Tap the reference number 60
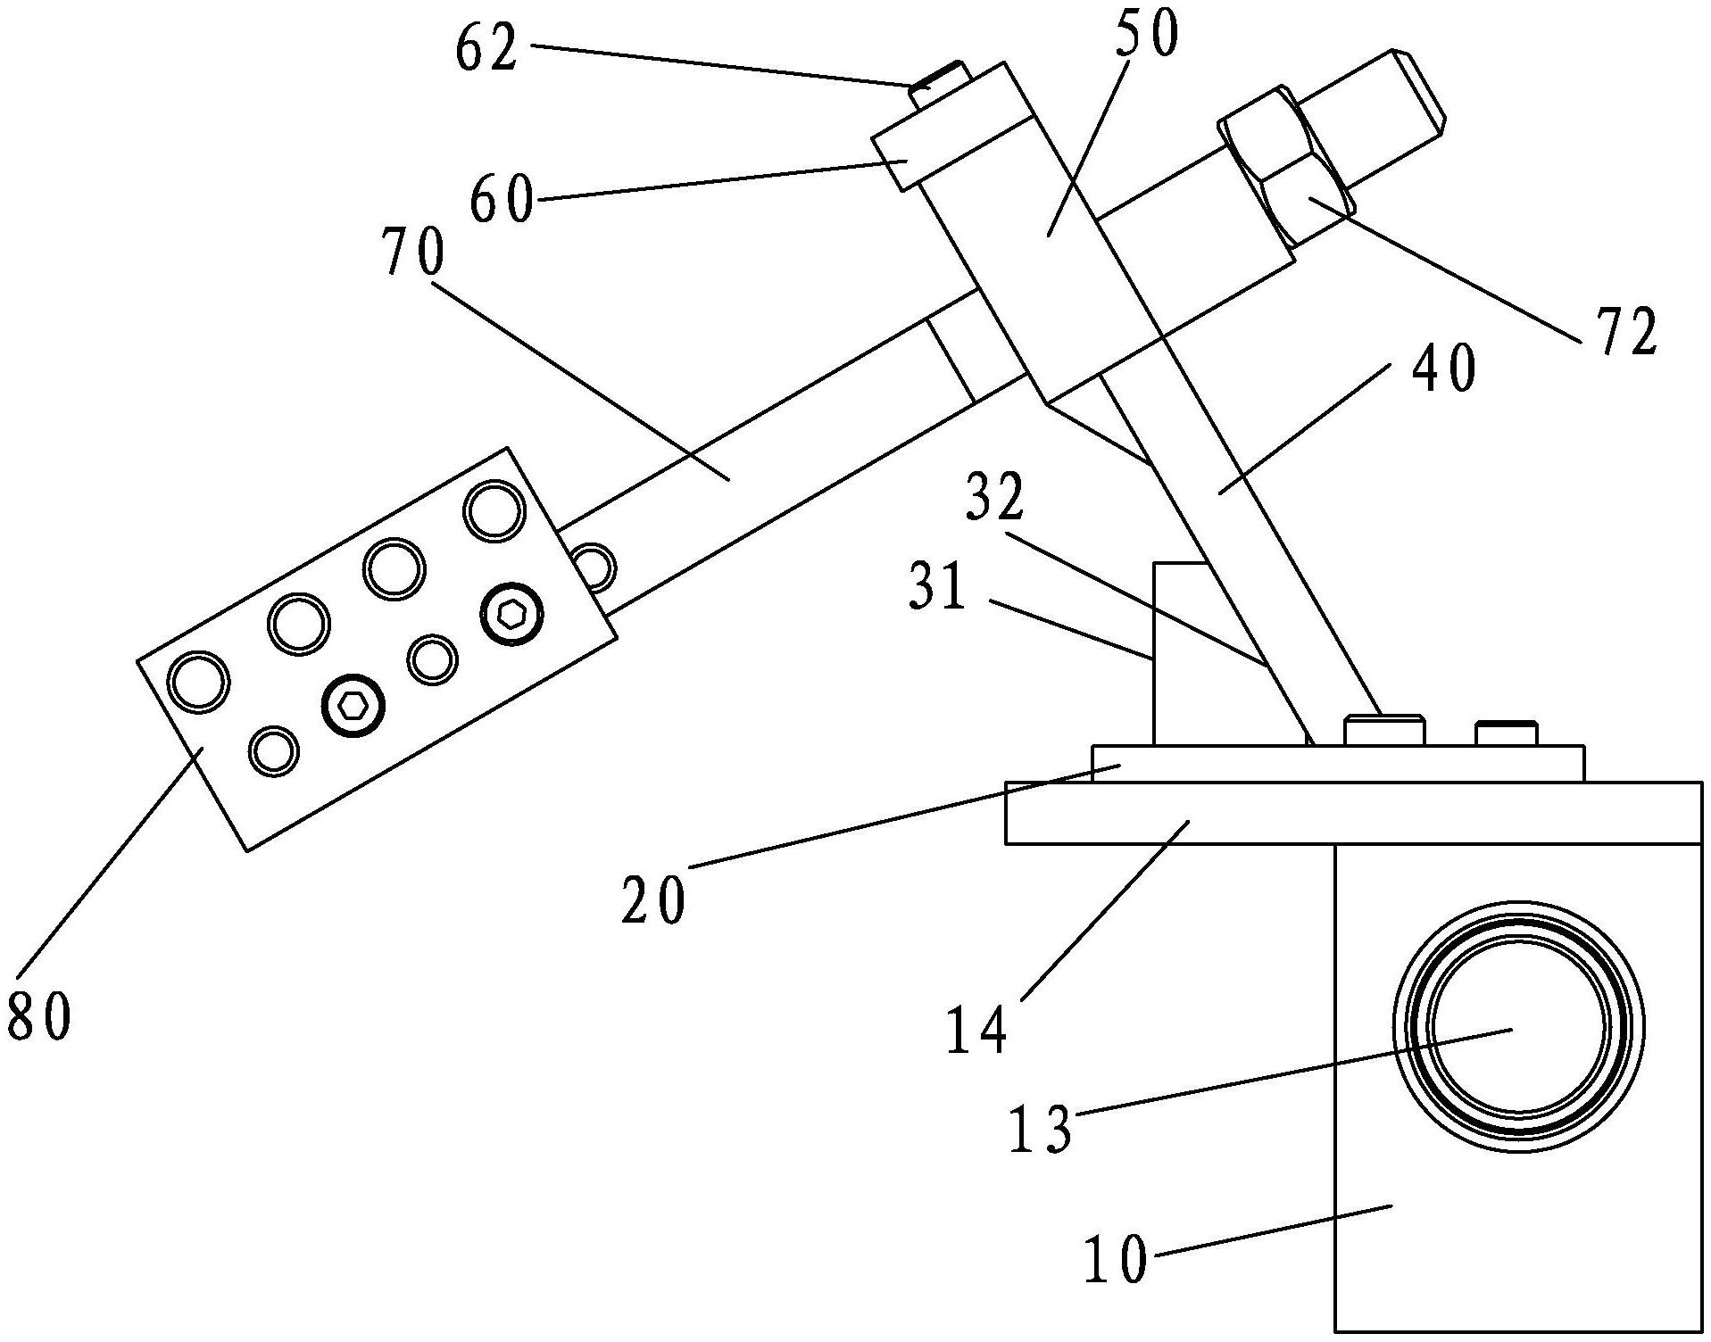503,200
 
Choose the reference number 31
937,589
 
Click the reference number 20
654,899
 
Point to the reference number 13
1041,1130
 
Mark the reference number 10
1117,1261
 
